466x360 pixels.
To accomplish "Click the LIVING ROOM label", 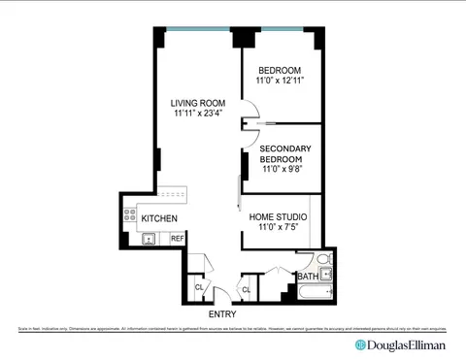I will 198,102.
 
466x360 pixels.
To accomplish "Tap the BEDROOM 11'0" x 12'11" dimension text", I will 280,82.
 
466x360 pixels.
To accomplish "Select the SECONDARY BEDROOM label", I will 280,153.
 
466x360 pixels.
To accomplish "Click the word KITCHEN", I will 159,219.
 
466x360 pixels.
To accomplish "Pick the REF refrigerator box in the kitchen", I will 178,238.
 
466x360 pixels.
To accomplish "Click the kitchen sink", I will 148,238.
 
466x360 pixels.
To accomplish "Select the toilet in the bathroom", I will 324,262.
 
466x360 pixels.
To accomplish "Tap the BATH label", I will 307,277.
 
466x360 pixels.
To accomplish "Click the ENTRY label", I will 221,314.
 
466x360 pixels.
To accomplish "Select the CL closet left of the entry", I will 199,288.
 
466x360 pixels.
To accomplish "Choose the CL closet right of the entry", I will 246,290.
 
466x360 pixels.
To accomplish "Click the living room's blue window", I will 198,28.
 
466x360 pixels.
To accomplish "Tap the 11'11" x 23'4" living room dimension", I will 198,114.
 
